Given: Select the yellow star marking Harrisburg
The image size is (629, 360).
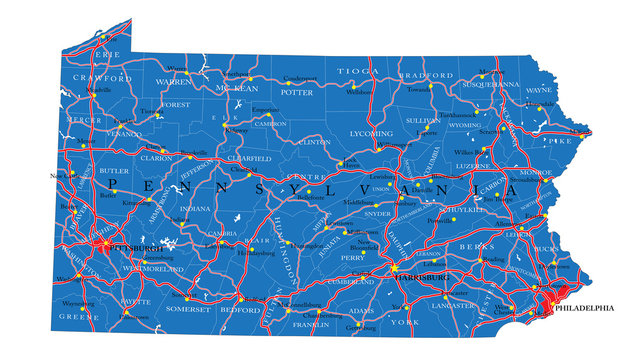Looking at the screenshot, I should (x=396, y=268).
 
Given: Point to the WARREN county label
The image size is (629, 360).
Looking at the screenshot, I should (x=173, y=81).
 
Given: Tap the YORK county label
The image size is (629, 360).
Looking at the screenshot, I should (x=405, y=322).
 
